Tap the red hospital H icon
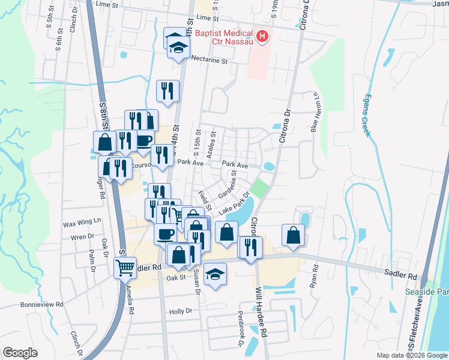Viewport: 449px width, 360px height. [x=262, y=37]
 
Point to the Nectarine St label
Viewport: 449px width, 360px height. [x=209, y=61]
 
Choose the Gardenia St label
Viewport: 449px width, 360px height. [x=228, y=182]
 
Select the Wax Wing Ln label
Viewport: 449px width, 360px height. [x=82, y=224]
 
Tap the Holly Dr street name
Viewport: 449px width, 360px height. [x=180, y=311]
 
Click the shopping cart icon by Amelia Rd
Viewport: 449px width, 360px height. [x=125, y=268]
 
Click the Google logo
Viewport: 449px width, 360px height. [x=20, y=353]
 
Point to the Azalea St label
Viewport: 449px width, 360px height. [x=210, y=147]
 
